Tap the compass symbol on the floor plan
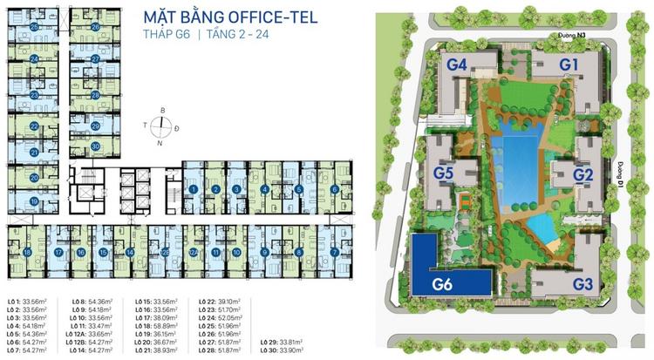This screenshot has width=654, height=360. tap(160, 126)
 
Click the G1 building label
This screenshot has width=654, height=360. tap(569, 64)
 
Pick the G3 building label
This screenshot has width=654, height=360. tap(582, 283)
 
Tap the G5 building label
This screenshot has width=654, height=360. tap(444, 174)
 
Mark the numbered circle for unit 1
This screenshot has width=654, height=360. tap(192, 189)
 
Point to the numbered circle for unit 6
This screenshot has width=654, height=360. tap(335, 189)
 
